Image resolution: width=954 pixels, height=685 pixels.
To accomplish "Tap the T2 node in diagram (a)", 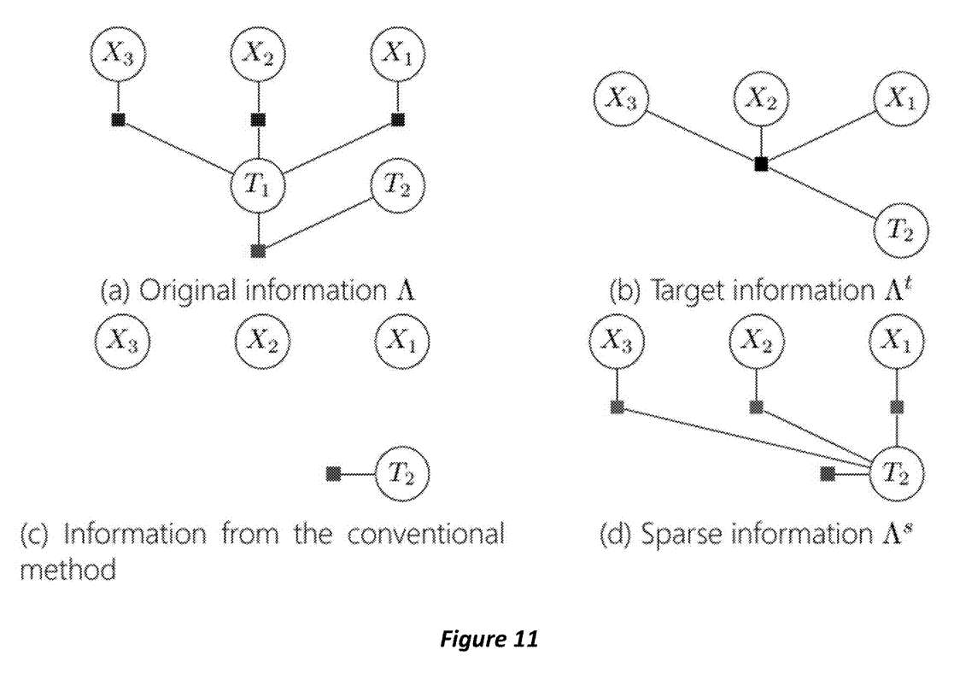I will pyautogui.click(x=398, y=183).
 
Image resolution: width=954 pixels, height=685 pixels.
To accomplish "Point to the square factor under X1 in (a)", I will pyautogui.click(x=397, y=120).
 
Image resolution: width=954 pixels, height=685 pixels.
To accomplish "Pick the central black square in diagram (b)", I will pyautogui.click(x=761, y=164).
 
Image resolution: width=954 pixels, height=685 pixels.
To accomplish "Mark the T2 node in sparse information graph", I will pyautogui.click(x=896, y=473).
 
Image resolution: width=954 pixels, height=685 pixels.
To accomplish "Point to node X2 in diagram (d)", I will pyautogui.click(x=756, y=343).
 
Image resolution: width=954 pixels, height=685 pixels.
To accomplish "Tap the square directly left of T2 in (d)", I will pyautogui.click(x=827, y=473).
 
